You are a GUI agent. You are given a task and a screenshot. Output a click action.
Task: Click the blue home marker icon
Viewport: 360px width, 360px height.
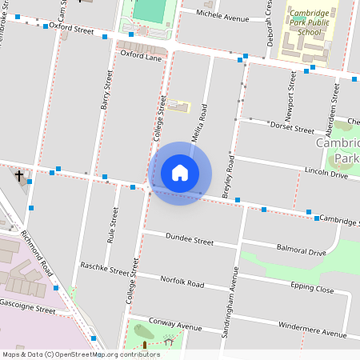[180, 172]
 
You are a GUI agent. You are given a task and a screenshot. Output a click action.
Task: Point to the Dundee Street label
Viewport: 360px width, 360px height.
[189, 239]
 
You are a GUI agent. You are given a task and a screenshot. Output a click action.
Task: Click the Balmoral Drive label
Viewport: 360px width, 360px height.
[299, 252]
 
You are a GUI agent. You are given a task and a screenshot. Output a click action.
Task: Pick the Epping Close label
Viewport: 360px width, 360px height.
[312, 288]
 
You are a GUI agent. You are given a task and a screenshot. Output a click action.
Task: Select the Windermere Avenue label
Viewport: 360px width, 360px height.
[311, 329]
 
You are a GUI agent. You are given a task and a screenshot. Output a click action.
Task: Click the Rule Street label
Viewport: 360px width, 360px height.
[114, 225]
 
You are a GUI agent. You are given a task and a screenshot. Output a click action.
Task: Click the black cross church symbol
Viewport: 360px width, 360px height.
[19, 174]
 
